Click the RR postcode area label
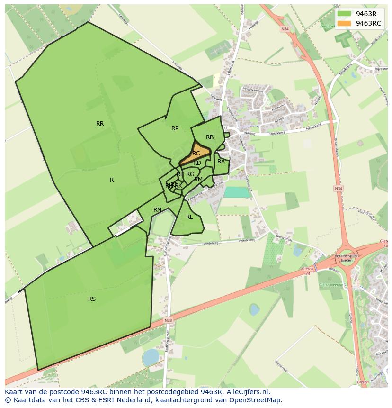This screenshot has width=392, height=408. coord(100,124)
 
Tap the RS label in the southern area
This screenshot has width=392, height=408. coord(92,299)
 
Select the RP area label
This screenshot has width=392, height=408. coord(175,128)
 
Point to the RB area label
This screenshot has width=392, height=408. coord(210,137)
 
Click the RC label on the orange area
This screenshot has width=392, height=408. coord(196,154)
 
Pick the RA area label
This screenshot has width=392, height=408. coord(221,162)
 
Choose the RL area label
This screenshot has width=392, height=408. coord(189,217)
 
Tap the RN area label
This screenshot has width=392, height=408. coord(157,210)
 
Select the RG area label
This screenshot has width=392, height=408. coord(190,174)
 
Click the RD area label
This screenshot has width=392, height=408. coord(197,163)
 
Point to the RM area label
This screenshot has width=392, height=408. coord(198,179)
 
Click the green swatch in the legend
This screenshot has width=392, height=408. coord(345,14)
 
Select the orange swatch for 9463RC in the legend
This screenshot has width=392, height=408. coord(345,23)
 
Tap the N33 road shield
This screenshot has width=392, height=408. coord(169,321)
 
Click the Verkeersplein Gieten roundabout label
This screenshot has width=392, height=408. coord(347,258)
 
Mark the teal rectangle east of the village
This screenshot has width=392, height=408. coord(237,192)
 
